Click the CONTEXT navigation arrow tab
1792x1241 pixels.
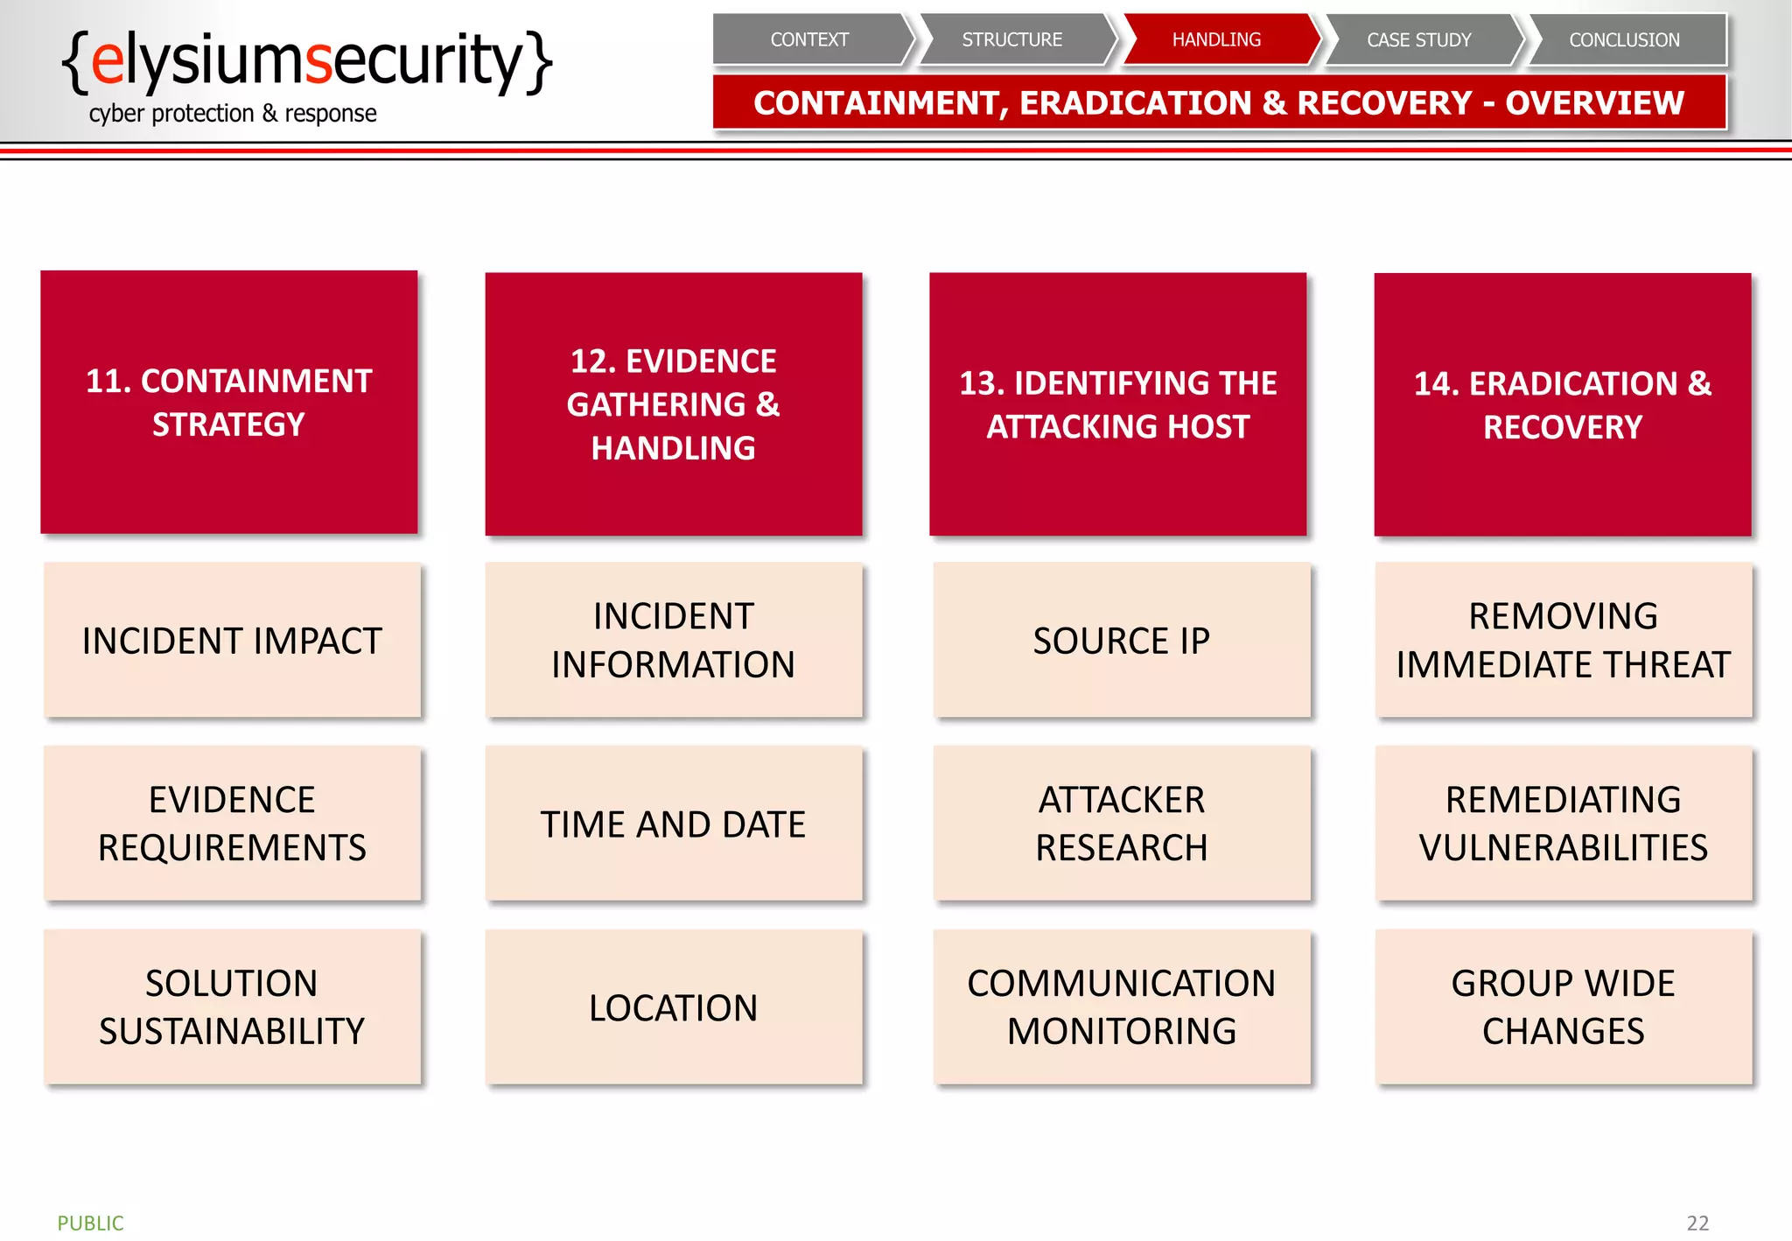809,39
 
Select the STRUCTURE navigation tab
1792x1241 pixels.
1012,39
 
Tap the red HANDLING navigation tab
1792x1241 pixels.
1216,39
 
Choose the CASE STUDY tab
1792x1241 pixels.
1419,39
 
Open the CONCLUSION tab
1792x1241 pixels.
1624,39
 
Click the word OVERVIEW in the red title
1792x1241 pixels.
1594,103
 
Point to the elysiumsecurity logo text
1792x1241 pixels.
306,61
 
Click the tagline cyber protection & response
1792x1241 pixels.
233,114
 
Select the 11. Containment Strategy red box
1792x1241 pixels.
229,403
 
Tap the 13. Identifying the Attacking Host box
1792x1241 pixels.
1117,404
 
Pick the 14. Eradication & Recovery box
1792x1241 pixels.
1563,404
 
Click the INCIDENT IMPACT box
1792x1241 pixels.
232,641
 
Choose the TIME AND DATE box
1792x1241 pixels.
673,824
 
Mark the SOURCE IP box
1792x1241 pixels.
1121,641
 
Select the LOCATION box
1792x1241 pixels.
673,1008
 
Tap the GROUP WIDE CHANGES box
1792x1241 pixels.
1563,1008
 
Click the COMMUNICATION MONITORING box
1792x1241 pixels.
1121,1008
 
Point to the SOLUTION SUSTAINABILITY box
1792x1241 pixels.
232,1008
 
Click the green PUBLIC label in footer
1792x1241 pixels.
91,1223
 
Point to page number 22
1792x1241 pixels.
1697,1223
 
